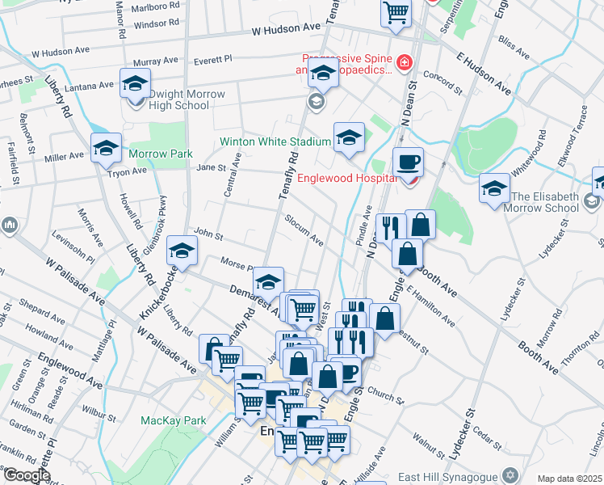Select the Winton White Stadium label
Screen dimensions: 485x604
(275, 141)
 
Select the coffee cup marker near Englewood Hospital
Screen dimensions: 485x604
(408, 161)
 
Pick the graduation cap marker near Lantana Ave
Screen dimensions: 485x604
(135, 82)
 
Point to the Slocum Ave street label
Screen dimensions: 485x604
(304, 231)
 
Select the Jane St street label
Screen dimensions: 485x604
(209, 167)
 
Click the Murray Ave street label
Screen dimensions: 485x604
(156, 61)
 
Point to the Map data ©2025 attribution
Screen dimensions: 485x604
(569, 479)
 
